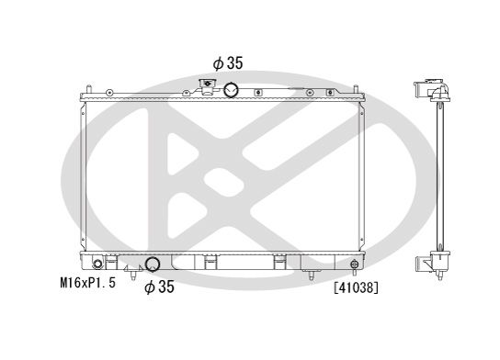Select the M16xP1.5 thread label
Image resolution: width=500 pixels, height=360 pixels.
(x=83, y=287)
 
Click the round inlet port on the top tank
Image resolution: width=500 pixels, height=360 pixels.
(x=231, y=89)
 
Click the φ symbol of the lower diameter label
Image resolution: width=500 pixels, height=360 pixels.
(x=149, y=287)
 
